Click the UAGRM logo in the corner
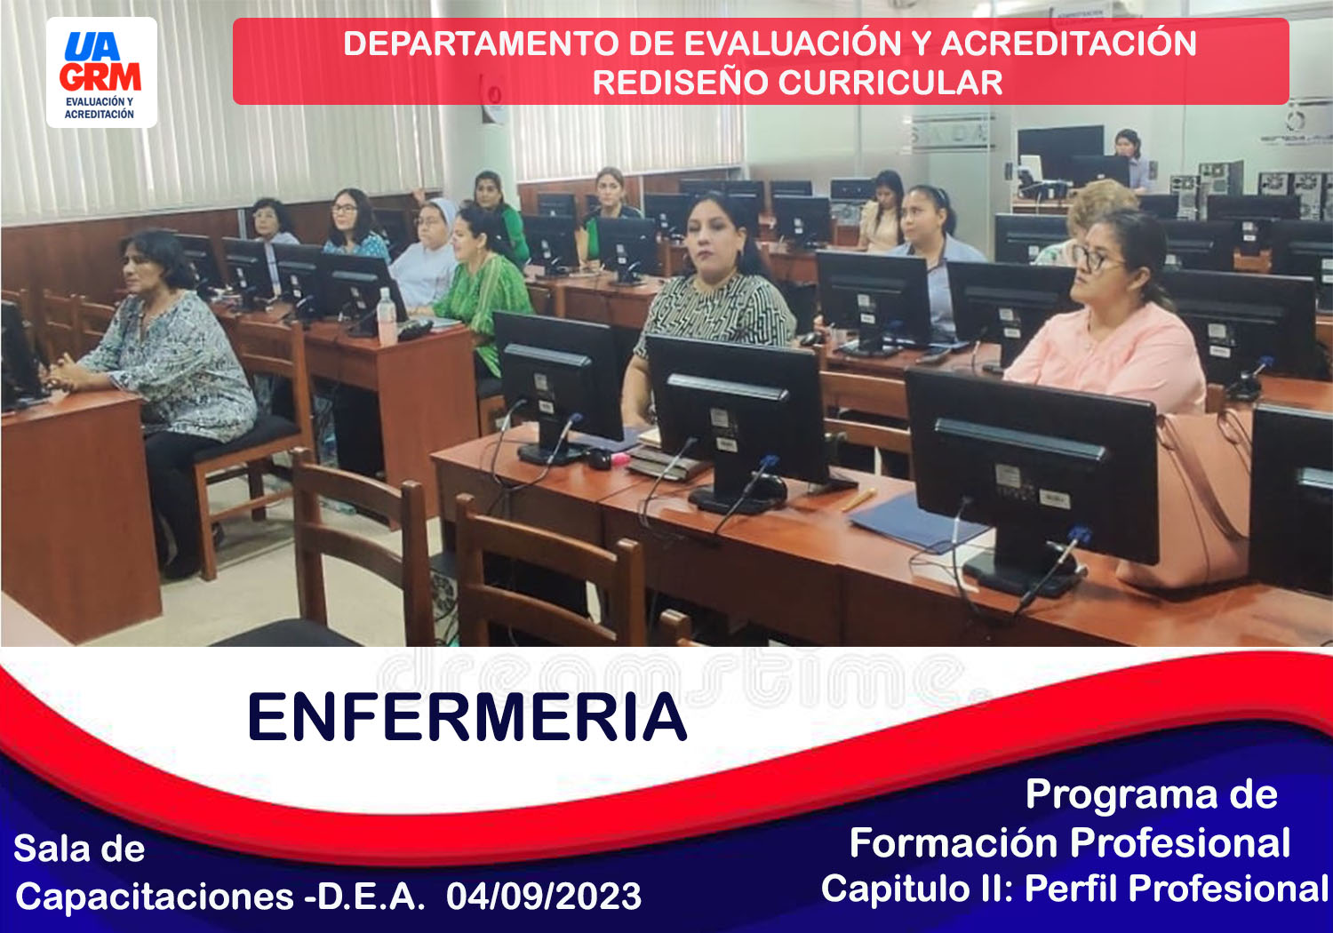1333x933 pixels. click(101, 72)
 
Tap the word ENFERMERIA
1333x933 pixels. click(467, 717)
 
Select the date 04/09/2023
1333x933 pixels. click(543, 896)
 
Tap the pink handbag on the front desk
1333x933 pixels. click(1196, 499)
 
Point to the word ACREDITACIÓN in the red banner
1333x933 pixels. click(1068, 44)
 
